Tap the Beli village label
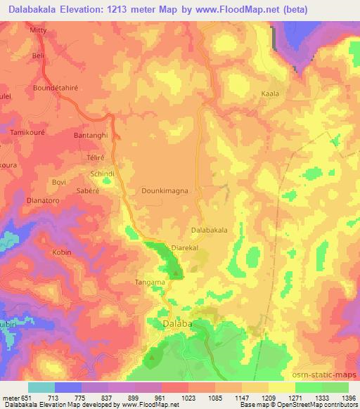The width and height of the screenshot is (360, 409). (x=39, y=55)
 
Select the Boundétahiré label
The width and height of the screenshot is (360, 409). (x=58, y=88)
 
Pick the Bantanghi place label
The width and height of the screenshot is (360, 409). (x=90, y=134)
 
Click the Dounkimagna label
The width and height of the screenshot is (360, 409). (x=164, y=189)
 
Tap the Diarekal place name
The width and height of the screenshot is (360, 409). (x=185, y=248)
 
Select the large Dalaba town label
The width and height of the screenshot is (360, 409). (x=169, y=324)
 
